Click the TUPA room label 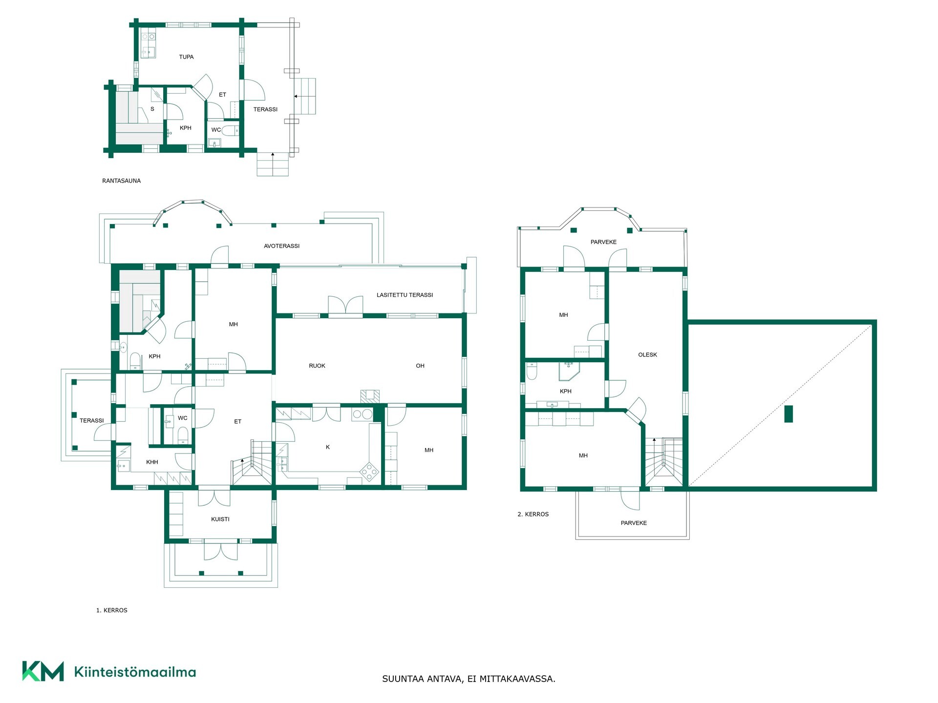coord(186,57)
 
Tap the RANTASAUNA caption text coord(121,181)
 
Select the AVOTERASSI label coord(281,246)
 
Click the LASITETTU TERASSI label coord(405,295)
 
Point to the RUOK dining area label coord(317,366)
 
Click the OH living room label coord(420,366)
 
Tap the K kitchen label coord(328,447)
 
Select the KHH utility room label coord(152,462)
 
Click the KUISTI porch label coord(220,519)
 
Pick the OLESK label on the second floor coord(647,355)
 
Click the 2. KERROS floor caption coord(533,514)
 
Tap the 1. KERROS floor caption coord(112,610)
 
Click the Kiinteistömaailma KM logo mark coord(43,671)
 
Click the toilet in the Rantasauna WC coord(230,130)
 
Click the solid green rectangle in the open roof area coord(788,414)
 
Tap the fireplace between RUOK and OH coord(370,396)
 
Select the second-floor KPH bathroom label coord(565,392)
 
